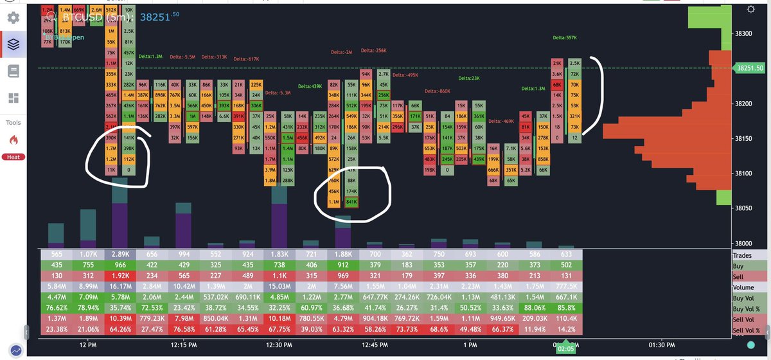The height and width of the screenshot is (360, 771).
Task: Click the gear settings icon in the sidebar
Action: click(13, 17)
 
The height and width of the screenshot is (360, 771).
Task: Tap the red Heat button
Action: click(13, 157)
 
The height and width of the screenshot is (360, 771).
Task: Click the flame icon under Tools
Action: click(13, 139)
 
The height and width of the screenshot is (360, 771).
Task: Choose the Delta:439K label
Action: click(310, 86)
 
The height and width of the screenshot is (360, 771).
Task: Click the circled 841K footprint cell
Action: click(351, 202)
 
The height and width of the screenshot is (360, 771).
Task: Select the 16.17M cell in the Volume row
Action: click(121, 287)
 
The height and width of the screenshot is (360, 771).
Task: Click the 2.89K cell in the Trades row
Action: click(121, 255)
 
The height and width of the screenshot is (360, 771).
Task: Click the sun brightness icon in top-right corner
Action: click(750, 9)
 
